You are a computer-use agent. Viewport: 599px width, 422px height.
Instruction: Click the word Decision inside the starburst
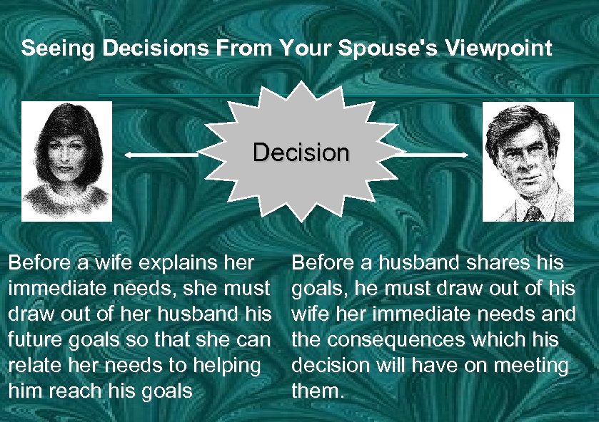pyautogui.click(x=301, y=153)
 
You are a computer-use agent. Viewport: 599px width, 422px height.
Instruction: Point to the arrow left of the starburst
pyautogui.click(x=161, y=154)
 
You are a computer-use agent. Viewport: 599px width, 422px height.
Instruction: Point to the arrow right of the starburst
pyautogui.click(x=436, y=153)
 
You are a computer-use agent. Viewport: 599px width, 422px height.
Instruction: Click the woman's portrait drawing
pyautogui.click(x=66, y=161)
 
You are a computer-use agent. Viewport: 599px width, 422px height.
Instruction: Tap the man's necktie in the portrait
pyautogui.click(x=532, y=212)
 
